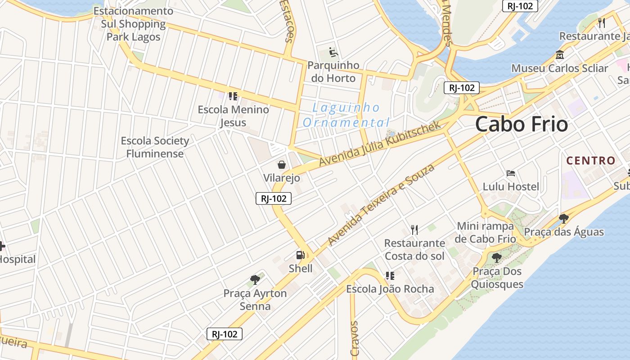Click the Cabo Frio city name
pos(522,124)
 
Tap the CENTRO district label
pos(590,161)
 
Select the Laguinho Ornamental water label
pos(346,115)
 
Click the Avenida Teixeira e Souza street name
pos(381,205)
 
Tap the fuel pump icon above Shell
pos(300,255)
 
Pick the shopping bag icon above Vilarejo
pos(282,165)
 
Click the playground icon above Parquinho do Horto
pos(333,52)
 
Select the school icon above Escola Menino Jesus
pos(233,96)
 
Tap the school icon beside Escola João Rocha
pos(390,275)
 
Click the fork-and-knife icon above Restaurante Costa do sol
pos(414,230)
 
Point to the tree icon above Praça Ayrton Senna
pos(255,280)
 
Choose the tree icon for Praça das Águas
pos(563,219)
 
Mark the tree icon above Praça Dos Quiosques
pos(497,258)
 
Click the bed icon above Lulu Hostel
pos(511,173)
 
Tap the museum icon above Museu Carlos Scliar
pos(560,55)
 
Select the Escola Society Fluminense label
pos(155,147)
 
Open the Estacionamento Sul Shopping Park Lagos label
pos(133,24)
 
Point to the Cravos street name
pos(355,338)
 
